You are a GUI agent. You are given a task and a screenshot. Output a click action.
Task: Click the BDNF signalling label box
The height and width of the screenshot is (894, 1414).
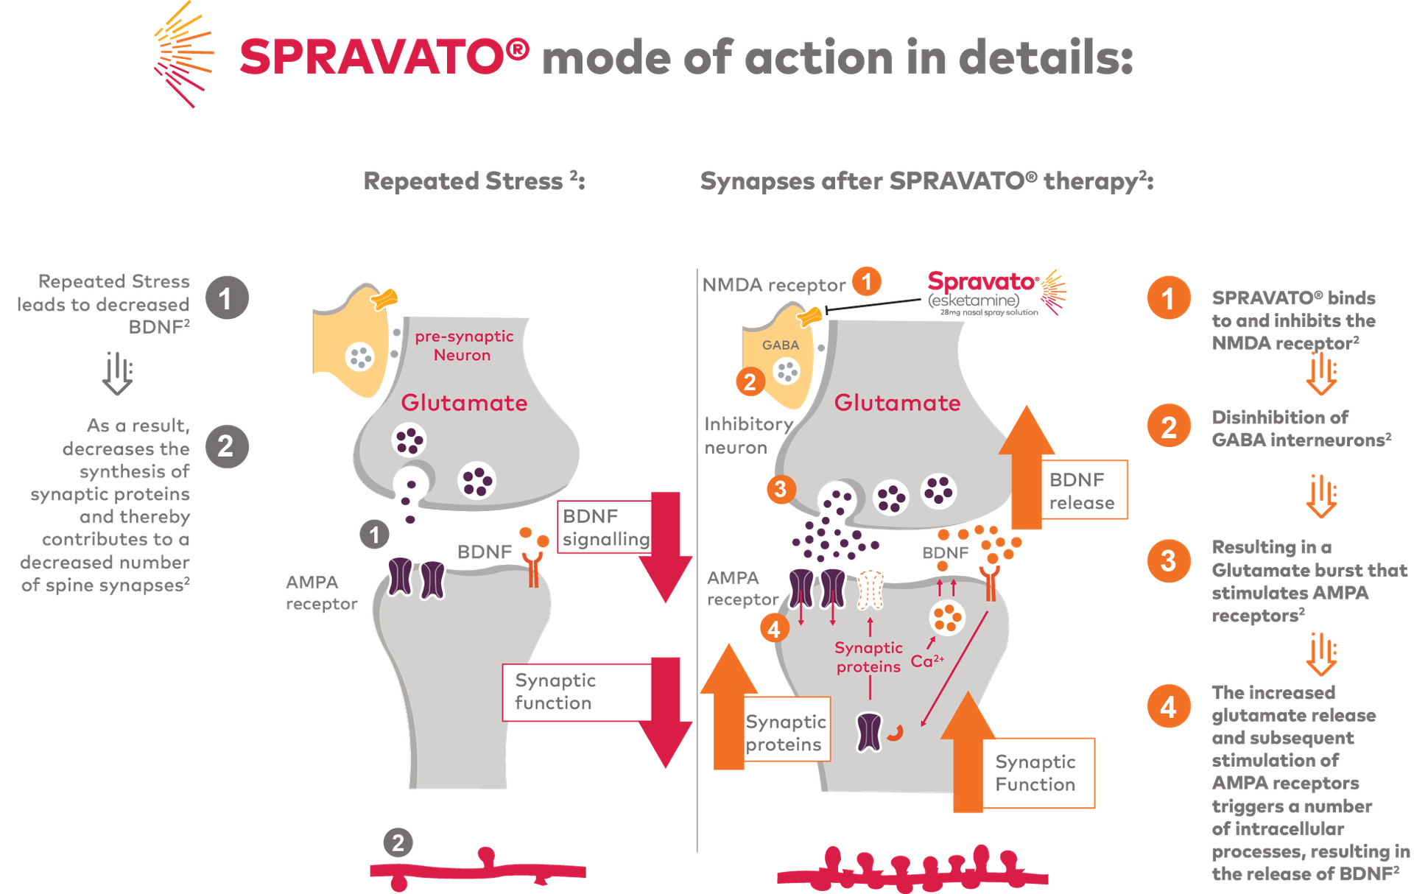[604, 527]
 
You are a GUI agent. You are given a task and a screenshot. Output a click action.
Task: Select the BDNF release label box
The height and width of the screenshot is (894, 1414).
[1083, 490]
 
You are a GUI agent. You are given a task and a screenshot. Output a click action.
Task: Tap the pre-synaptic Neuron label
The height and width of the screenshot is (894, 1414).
[463, 345]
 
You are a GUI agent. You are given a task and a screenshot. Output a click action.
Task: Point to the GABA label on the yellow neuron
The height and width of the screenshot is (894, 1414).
[781, 345]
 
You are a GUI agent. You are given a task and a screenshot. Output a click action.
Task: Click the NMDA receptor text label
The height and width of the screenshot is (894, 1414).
[773, 285]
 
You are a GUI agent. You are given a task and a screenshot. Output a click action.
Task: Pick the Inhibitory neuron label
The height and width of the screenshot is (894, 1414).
[745, 435]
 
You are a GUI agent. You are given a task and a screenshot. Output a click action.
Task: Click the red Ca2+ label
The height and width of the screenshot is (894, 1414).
[926, 660]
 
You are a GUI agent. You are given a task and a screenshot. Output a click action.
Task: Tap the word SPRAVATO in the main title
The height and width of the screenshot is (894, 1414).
[384, 57]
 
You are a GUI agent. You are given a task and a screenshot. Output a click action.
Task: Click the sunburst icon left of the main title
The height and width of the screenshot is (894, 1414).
[183, 56]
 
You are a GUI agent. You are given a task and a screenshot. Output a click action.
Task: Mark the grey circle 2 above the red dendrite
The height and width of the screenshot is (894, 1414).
[398, 842]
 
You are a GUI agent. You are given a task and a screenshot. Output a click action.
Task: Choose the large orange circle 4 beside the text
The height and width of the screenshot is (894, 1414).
[1168, 707]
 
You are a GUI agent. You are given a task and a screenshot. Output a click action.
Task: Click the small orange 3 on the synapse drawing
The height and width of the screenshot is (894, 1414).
[781, 488]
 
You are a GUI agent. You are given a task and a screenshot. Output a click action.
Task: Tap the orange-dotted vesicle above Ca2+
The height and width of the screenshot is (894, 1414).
[947, 617]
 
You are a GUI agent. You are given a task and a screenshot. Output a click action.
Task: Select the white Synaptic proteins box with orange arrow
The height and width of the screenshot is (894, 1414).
[786, 733]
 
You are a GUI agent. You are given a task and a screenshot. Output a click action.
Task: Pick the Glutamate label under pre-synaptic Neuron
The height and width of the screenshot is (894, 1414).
[464, 403]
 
